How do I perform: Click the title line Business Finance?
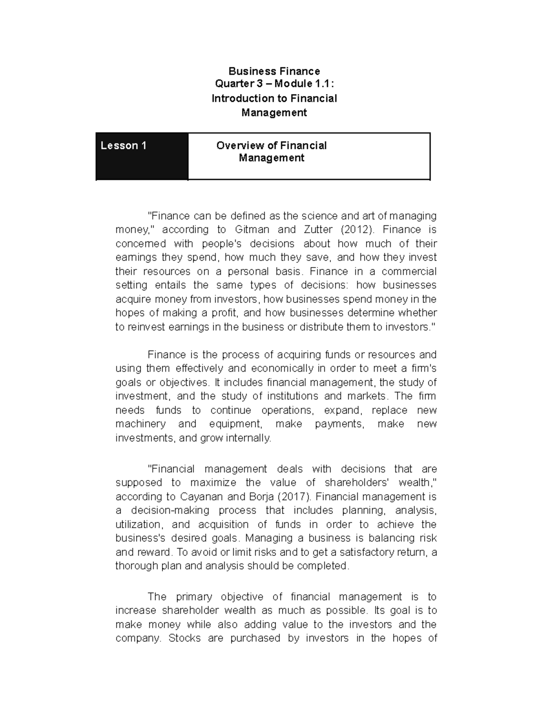click(x=274, y=71)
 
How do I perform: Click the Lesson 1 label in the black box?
click(x=124, y=146)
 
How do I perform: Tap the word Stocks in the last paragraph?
click(x=184, y=638)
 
